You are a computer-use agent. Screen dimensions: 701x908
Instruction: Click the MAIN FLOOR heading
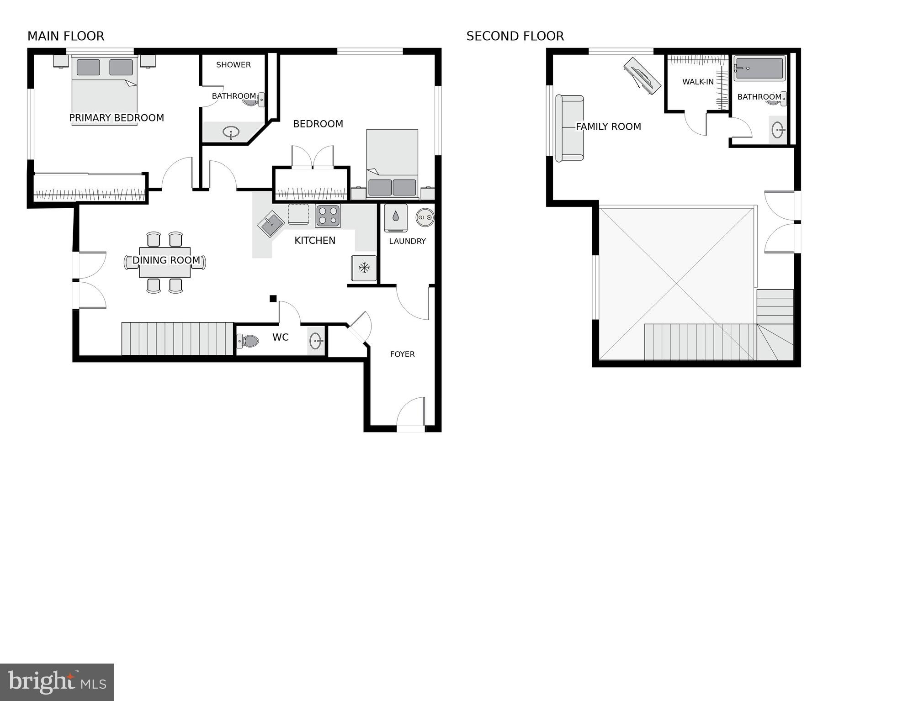click(x=66, y=36)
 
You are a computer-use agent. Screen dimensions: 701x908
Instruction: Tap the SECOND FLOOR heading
click(x=515, y=36)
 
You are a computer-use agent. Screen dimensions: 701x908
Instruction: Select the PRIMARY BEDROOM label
click(x=117, y=118)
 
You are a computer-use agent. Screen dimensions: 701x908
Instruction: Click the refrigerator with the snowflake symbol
click(x=364, y=268)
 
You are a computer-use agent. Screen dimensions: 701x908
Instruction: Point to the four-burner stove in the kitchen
click(x=328, y=216)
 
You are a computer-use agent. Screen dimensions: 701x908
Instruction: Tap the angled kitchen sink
click(x=271, y=224)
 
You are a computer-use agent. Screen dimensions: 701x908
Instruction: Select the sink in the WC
click(x=316, y=341)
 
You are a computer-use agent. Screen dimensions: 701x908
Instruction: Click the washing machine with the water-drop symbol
click(x=395, y=217)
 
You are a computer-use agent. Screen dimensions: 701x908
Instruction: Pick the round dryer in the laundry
click(x=425, y=217)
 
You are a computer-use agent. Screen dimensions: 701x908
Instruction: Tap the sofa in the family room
click(x=569, y=128)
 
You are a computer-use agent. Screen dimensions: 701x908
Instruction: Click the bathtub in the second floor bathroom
click(x=759, y=69)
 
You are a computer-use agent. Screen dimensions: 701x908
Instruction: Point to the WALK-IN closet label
click(x=698, y=82)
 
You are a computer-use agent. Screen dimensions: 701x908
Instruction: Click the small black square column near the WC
click(x=273, y=299)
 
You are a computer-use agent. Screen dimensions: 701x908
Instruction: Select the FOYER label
click(x=402, y=354)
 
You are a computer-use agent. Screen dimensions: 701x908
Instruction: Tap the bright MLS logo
click(x=57, y=682)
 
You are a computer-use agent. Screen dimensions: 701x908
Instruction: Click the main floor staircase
click(x=177, y=339)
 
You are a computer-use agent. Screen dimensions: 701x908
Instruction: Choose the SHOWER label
click(x=234, y=65)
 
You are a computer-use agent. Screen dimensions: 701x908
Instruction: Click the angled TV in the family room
click(x=642, y=76)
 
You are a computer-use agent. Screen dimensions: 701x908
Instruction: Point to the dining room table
click(x=165, y=262)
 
